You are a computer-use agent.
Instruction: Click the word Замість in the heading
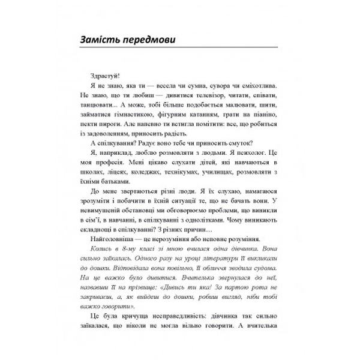pyautogui.click(x=106, y=40)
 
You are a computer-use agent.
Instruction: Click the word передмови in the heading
pyautogui.click(x=155, y=40)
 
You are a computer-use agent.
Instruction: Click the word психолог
pyautogui.click(x=239, y=162)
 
